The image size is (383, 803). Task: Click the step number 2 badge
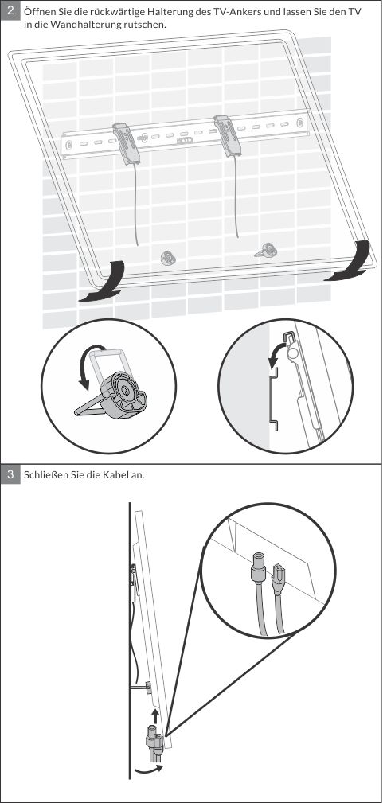pos(10,11)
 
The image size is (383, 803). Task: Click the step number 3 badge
pos(10,474)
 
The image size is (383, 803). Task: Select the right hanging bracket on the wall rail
pos(229,134)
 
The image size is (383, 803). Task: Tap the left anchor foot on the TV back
pos(166,257)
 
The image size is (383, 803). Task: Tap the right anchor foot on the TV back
pos(266,249)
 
